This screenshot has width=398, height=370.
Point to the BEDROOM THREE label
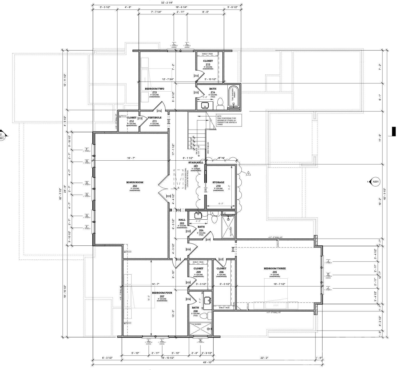pos(275,269)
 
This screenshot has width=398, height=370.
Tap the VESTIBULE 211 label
pos(154,118)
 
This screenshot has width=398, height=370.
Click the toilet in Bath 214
pos(220,103)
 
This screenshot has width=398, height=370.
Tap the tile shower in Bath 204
pos(229,227)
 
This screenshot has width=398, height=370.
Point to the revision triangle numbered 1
pos(248,173)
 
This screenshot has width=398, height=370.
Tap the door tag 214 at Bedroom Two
pos(159,111)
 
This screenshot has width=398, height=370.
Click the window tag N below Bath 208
pos(200,340)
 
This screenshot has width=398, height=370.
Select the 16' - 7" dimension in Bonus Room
pos(131,158)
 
